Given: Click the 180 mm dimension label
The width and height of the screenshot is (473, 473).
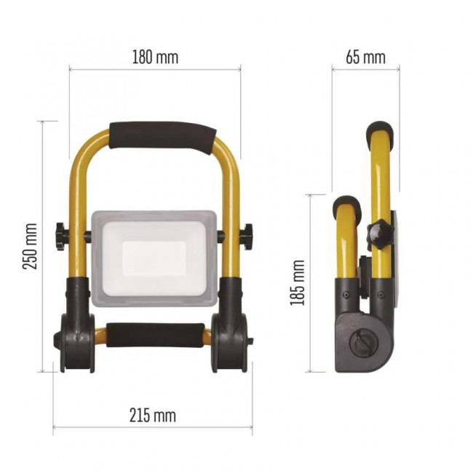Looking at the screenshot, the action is pyautogui.click(x=155, y=57).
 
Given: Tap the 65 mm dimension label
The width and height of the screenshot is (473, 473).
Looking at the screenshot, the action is pyautogui.click(x=365, y=57).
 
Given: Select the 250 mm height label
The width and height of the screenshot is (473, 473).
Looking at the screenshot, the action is pyautogui.click(x=30, y=246).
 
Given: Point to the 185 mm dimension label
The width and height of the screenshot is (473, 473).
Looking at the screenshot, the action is pyautogui.click(x=297, y=282).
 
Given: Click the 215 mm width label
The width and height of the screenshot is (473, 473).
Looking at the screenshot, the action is pyautogui.click(x=153, y=415).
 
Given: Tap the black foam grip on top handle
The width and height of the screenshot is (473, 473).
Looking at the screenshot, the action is pyautogui.click(x=163, y=137).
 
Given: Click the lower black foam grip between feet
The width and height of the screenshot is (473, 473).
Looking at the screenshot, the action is pyautogui.click(x=155, y=335).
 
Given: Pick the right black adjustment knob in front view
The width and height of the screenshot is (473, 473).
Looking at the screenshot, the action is pyautogui.click(x=248, y=236).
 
